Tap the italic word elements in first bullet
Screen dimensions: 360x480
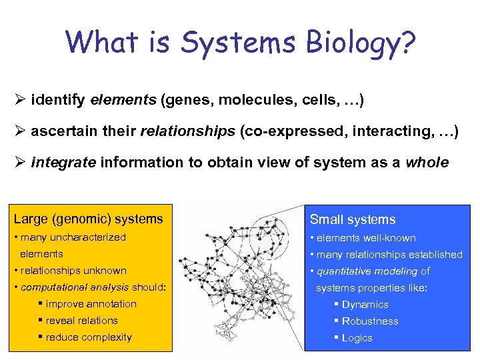(x=123, y=101)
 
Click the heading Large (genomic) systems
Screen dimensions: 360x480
(x=88, y=219)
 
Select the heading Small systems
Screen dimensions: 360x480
(x=352, y=219)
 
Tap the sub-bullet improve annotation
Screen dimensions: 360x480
(x=91, y=304)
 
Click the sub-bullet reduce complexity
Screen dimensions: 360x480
(x=89, y=337)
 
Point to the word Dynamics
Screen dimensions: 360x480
(x=365, y=305)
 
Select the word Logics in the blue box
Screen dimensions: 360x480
(x=357, y=338)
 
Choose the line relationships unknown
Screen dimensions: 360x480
(x=73, y=271)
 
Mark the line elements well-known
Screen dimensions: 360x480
(x=366, y=238)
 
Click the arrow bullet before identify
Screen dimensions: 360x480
(x=19, y=101)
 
